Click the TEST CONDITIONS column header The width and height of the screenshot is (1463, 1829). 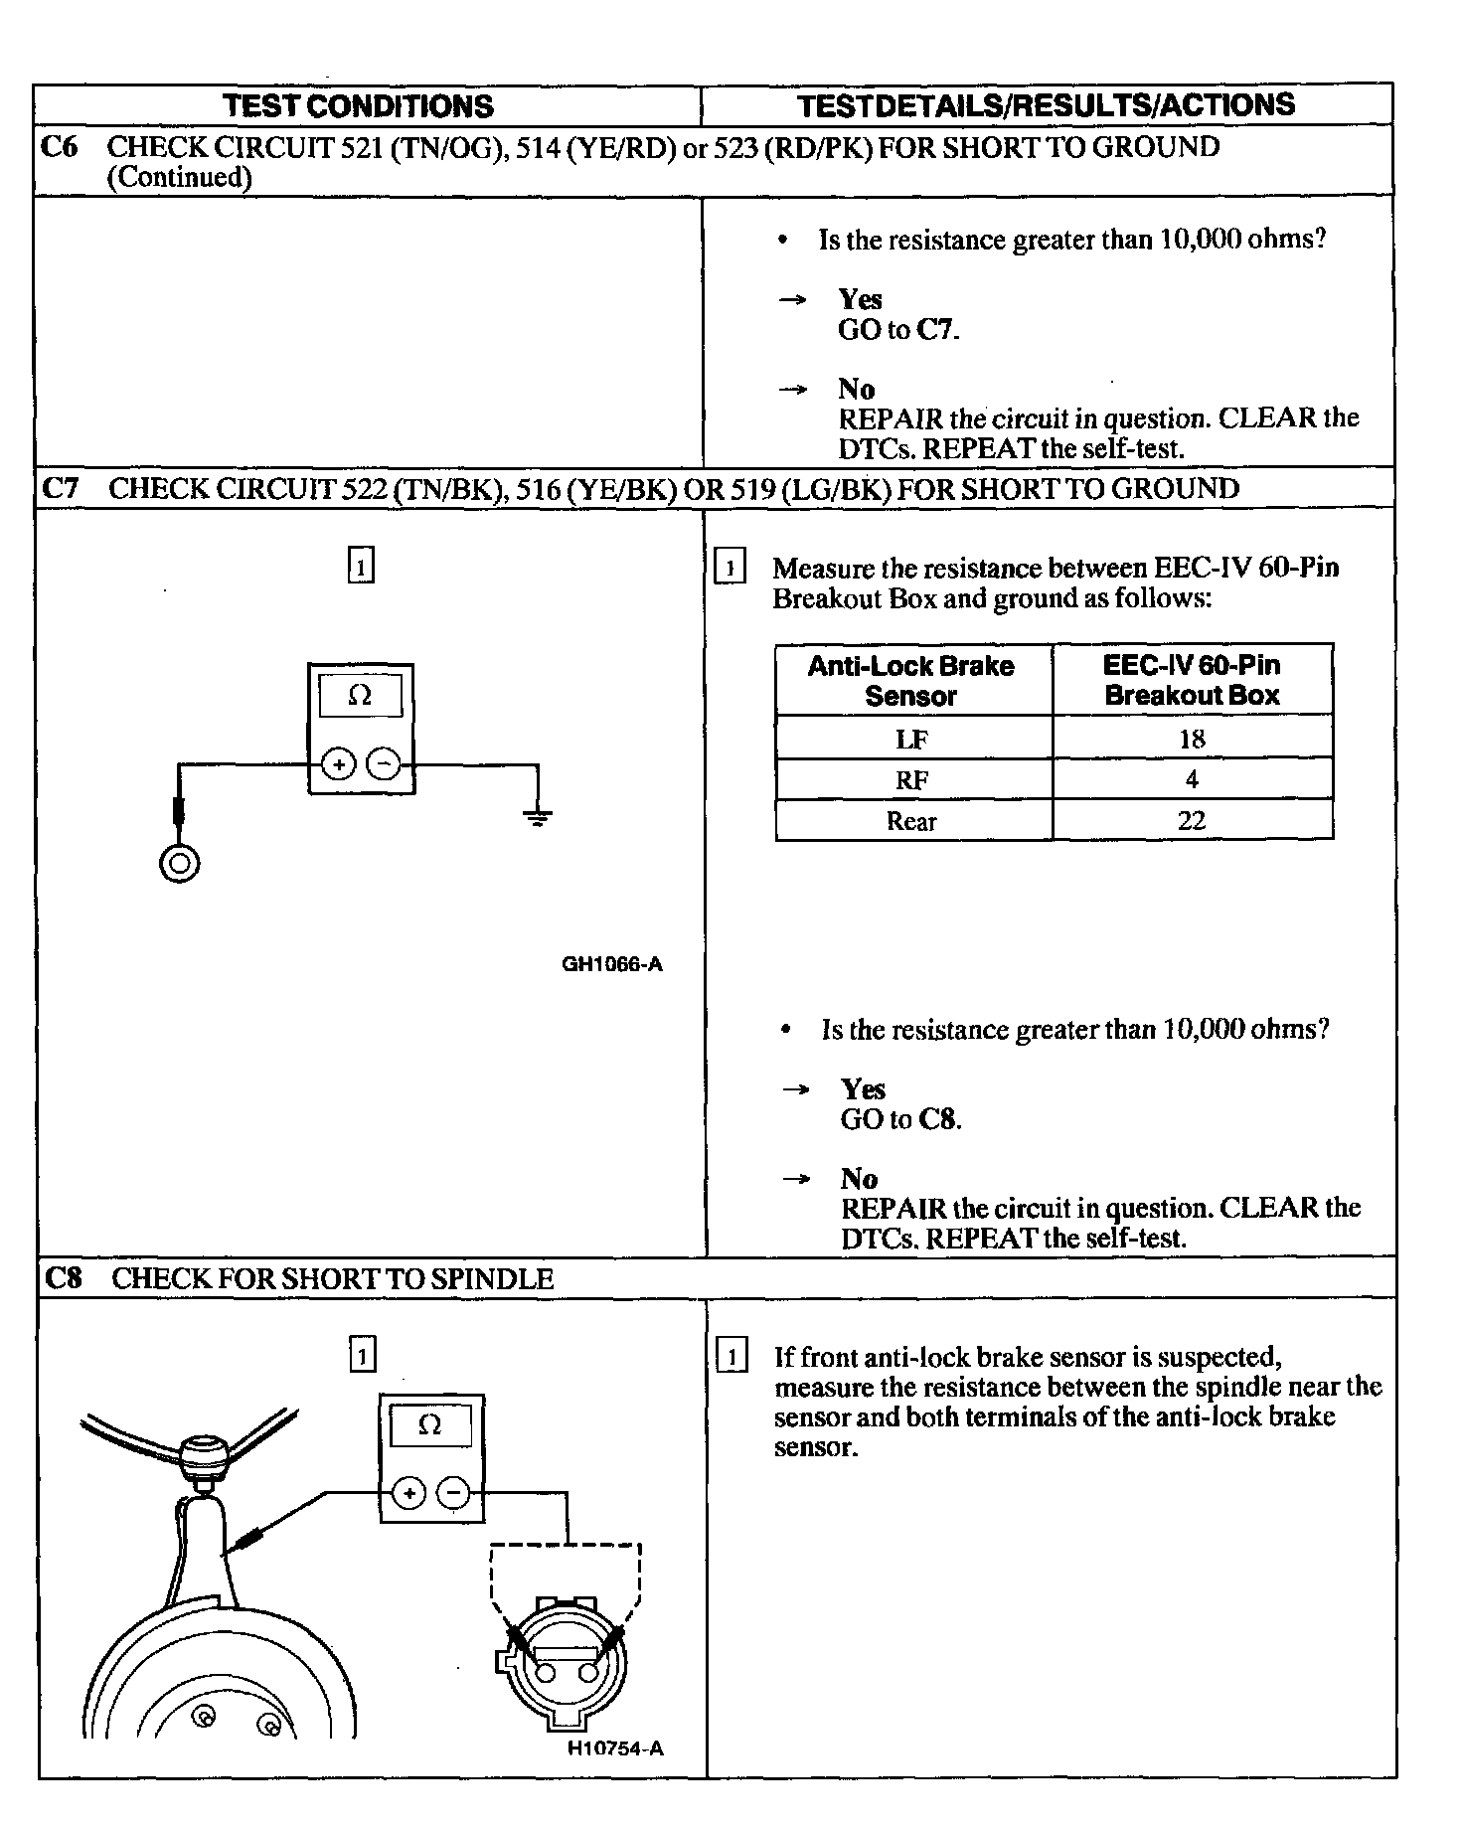click(x=358, y=105)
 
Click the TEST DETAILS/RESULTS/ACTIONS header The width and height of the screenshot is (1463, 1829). click(x=1047, y=104)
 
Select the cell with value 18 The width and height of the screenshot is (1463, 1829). click(x=1192, y=739)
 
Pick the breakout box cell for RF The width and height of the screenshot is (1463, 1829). click(x=1192, y=779)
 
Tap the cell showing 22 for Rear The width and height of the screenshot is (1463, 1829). click(x=1192, y=821)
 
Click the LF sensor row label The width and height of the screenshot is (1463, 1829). click(x=911, y=740)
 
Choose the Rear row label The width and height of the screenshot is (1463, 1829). click(x=911, y=821)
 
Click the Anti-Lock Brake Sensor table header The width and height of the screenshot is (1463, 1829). click(x=911, y=680)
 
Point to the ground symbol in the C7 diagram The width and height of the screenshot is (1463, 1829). click(x=538, y=817)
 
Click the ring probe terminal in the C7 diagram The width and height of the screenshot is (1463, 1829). click(x=179, y=863)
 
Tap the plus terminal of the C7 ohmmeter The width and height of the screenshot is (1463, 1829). click(x=339, y=764)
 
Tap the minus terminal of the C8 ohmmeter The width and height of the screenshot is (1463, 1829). click(x=454, y=1493)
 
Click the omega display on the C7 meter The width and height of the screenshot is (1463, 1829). click(x=360, y=696)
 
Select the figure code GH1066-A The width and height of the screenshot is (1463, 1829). click(x=612, y=964)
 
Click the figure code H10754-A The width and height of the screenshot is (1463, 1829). click(x=615, y=1776)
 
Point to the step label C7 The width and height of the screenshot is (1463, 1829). click(x=61, y=489)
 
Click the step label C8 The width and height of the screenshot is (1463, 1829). click(x=63, y=1278)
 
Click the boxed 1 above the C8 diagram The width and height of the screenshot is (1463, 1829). click(x=363, y=1355)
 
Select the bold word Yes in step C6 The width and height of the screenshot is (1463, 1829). click(x=860, y=299)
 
